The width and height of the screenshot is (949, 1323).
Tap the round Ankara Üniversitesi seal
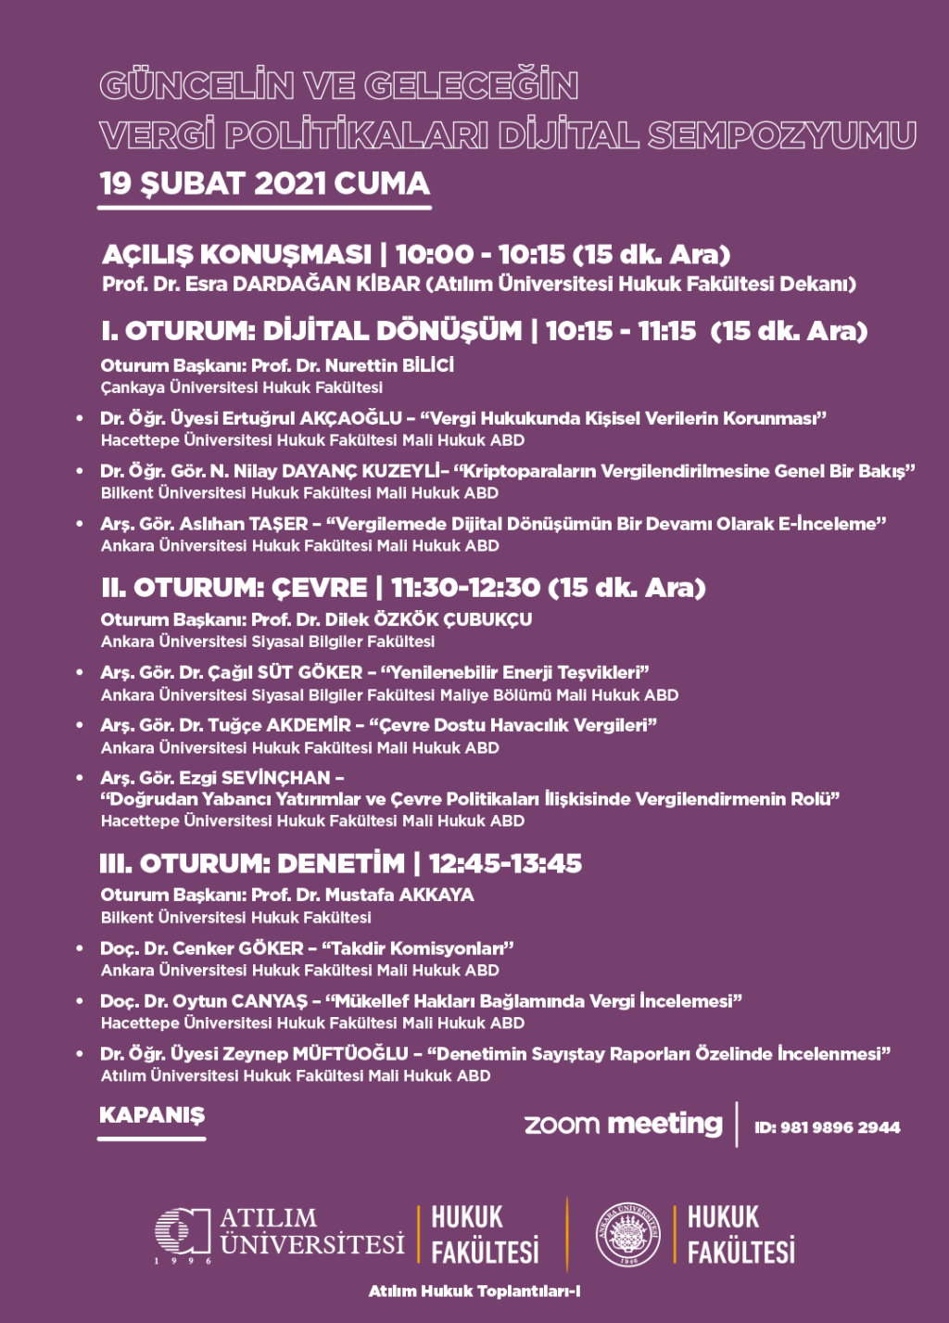tap(627, 1234)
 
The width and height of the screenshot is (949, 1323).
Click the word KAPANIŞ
tap(152, 1115)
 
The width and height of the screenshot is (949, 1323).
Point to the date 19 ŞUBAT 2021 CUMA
tap(265, 184)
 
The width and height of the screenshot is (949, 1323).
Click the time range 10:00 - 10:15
tap(480, 254)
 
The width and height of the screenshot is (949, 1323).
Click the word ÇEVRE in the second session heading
tap(319, 588)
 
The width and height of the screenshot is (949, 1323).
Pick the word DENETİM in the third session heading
tap(341, 864)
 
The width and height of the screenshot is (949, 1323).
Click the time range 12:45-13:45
tap(505, 864)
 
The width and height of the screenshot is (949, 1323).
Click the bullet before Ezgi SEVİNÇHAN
tap(81, 779)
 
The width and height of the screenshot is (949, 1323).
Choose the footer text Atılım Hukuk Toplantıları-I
tap(474, 1291)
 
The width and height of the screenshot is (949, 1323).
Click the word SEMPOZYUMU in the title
tap(782, 135)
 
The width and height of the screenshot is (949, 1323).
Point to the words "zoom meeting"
tap(623, 1125)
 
